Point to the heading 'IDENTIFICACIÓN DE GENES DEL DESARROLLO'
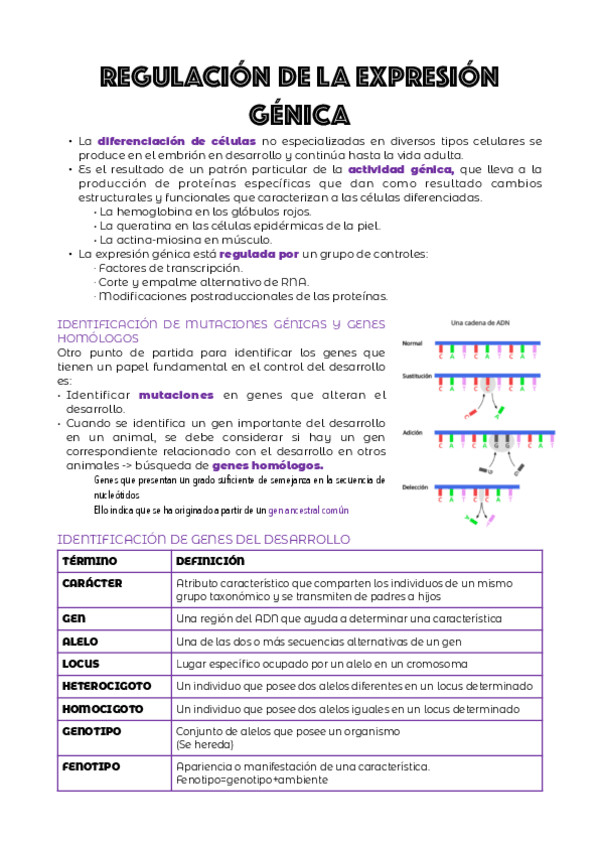pos(204,539)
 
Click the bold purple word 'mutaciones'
pos(176,395)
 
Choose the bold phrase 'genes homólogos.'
pos(268,465)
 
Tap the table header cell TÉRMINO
pos(90,561)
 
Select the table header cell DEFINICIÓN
pos(210,561)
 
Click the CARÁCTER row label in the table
pos(93,583)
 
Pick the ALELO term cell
pos(80,641)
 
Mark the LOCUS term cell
pos(81,663)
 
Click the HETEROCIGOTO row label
pos(107,686)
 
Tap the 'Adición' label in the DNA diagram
pos(412,432)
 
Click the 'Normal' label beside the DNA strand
pos(412,344)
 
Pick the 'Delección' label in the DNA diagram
pos(415,487)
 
